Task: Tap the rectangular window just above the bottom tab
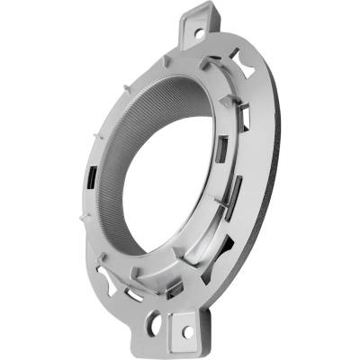[175, 288]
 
